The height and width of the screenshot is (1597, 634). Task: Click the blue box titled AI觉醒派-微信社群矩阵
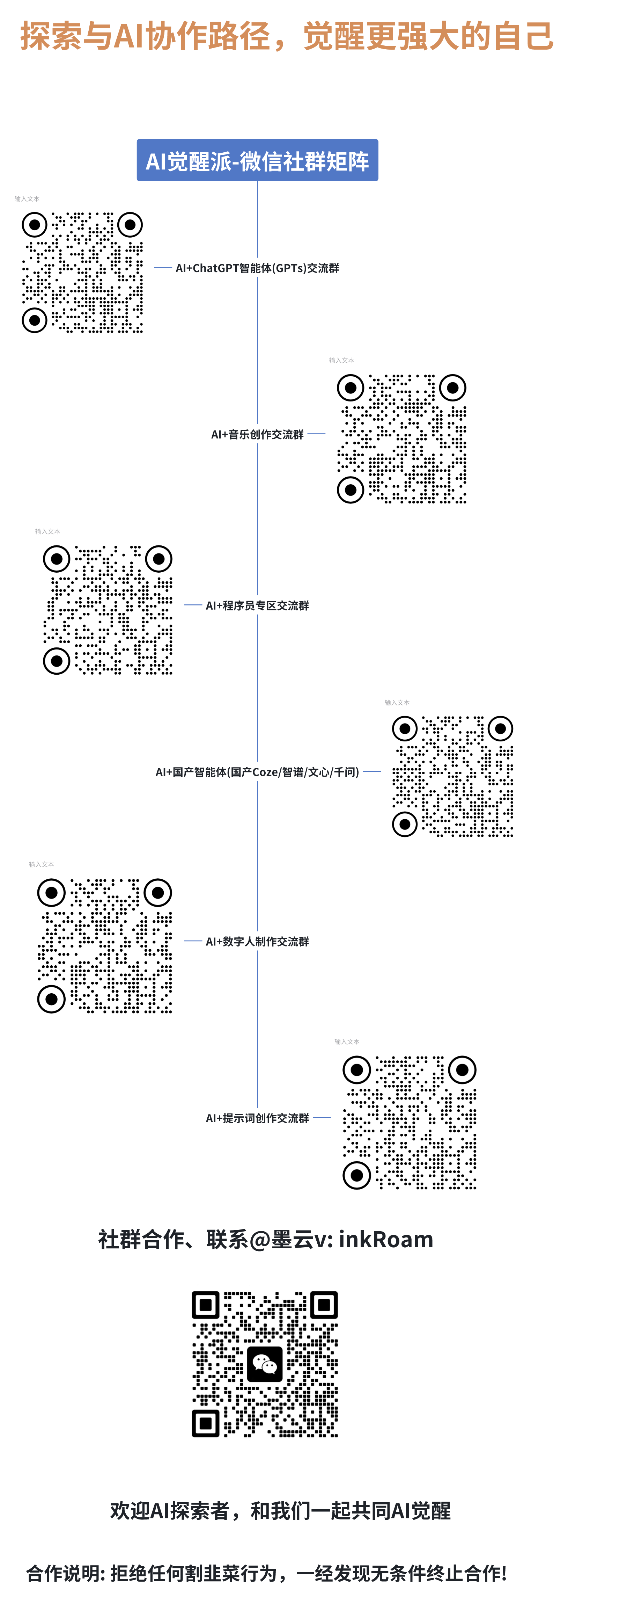click(257, 161)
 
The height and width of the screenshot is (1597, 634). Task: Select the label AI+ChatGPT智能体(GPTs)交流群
click(257, 268)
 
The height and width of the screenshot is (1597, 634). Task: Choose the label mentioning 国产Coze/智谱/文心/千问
click(257, 772)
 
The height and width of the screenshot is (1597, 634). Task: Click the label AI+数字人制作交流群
click(257, 942)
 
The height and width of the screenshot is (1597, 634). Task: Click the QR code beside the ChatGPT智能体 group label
click(82, 273)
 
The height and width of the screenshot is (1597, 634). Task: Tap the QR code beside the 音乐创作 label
click(401, 439)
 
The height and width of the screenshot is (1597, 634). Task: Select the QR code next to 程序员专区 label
click(108, 610)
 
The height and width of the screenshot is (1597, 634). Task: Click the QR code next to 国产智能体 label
click(452, 776)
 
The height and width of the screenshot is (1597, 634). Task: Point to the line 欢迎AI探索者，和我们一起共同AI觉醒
click(280, 1511)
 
